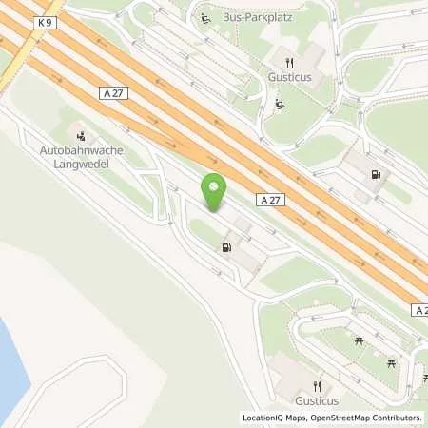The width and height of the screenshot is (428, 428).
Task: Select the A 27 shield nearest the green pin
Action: point(268,201)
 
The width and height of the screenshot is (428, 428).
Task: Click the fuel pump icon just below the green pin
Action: point(226,248)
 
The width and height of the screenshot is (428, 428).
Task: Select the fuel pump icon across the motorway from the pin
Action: point(377,173)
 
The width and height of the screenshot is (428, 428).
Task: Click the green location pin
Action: point(215,192)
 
